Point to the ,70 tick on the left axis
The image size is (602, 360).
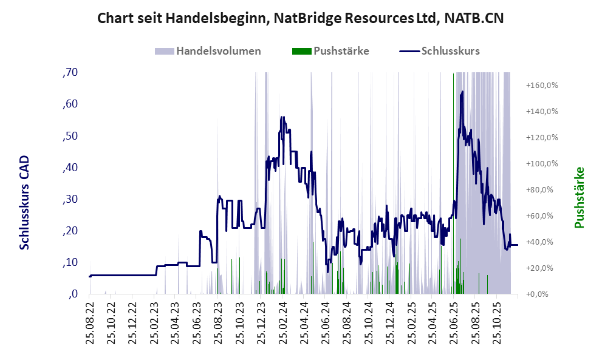click(x=70, y=73)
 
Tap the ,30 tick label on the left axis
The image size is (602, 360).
click(x=70, y=199)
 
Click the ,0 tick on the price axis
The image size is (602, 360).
click(x=72, y=294)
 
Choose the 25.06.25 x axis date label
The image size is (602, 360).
click(x=456, y=322)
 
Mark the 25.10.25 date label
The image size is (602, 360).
click(x=499, y=322)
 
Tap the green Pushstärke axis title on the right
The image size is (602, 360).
click(x=579, y=198)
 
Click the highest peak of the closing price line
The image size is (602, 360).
click(x=462, y=92)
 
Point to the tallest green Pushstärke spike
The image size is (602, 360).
click(x=453, y=76)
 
